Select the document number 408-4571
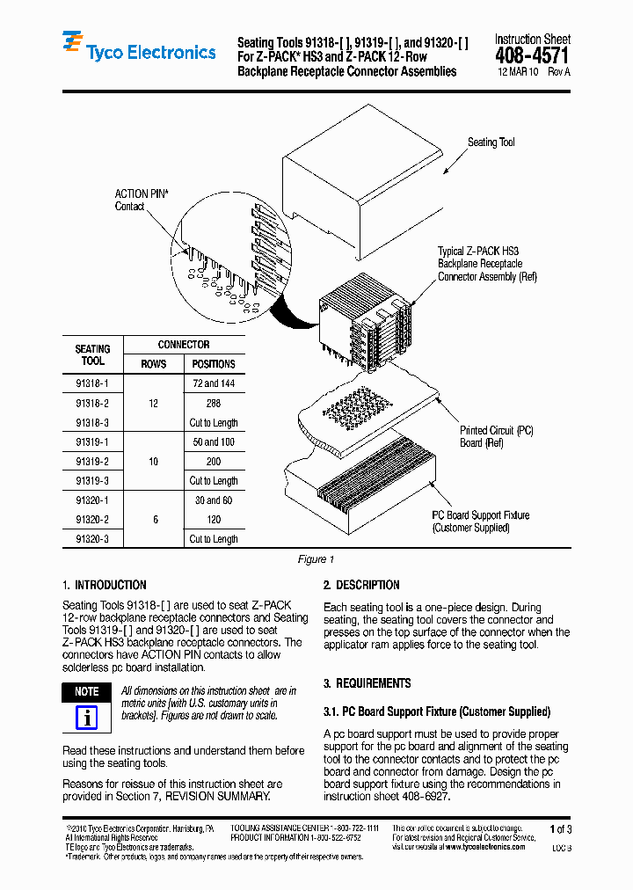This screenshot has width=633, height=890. click(532, 55)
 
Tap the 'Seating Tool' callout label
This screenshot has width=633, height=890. click(491, 142)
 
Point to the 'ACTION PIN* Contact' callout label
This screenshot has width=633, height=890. click(142, 201)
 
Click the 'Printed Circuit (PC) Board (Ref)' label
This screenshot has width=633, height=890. click(496, 437)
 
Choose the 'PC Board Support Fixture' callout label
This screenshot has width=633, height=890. click(479, 522)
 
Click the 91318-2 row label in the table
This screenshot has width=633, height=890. click(92, 404)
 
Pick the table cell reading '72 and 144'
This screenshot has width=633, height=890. click(214, 384)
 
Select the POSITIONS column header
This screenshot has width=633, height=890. click(214, 364)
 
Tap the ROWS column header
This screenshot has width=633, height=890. click(154, 364)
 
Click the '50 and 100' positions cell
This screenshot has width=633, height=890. click(214, 442)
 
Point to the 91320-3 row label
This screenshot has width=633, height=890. click(92, 539)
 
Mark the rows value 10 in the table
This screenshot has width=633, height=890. click(154, 462)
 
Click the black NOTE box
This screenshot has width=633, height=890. click(86, 692)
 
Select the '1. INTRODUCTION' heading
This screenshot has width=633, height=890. click(105, 585)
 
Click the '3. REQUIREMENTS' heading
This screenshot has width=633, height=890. click(367, 683)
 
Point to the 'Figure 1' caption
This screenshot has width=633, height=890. click(316, 560)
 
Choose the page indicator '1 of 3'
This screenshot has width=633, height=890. click(560, 829)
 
